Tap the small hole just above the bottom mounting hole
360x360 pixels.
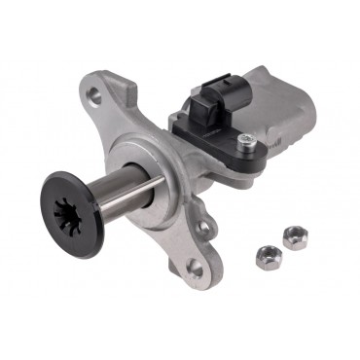point(203,230)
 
